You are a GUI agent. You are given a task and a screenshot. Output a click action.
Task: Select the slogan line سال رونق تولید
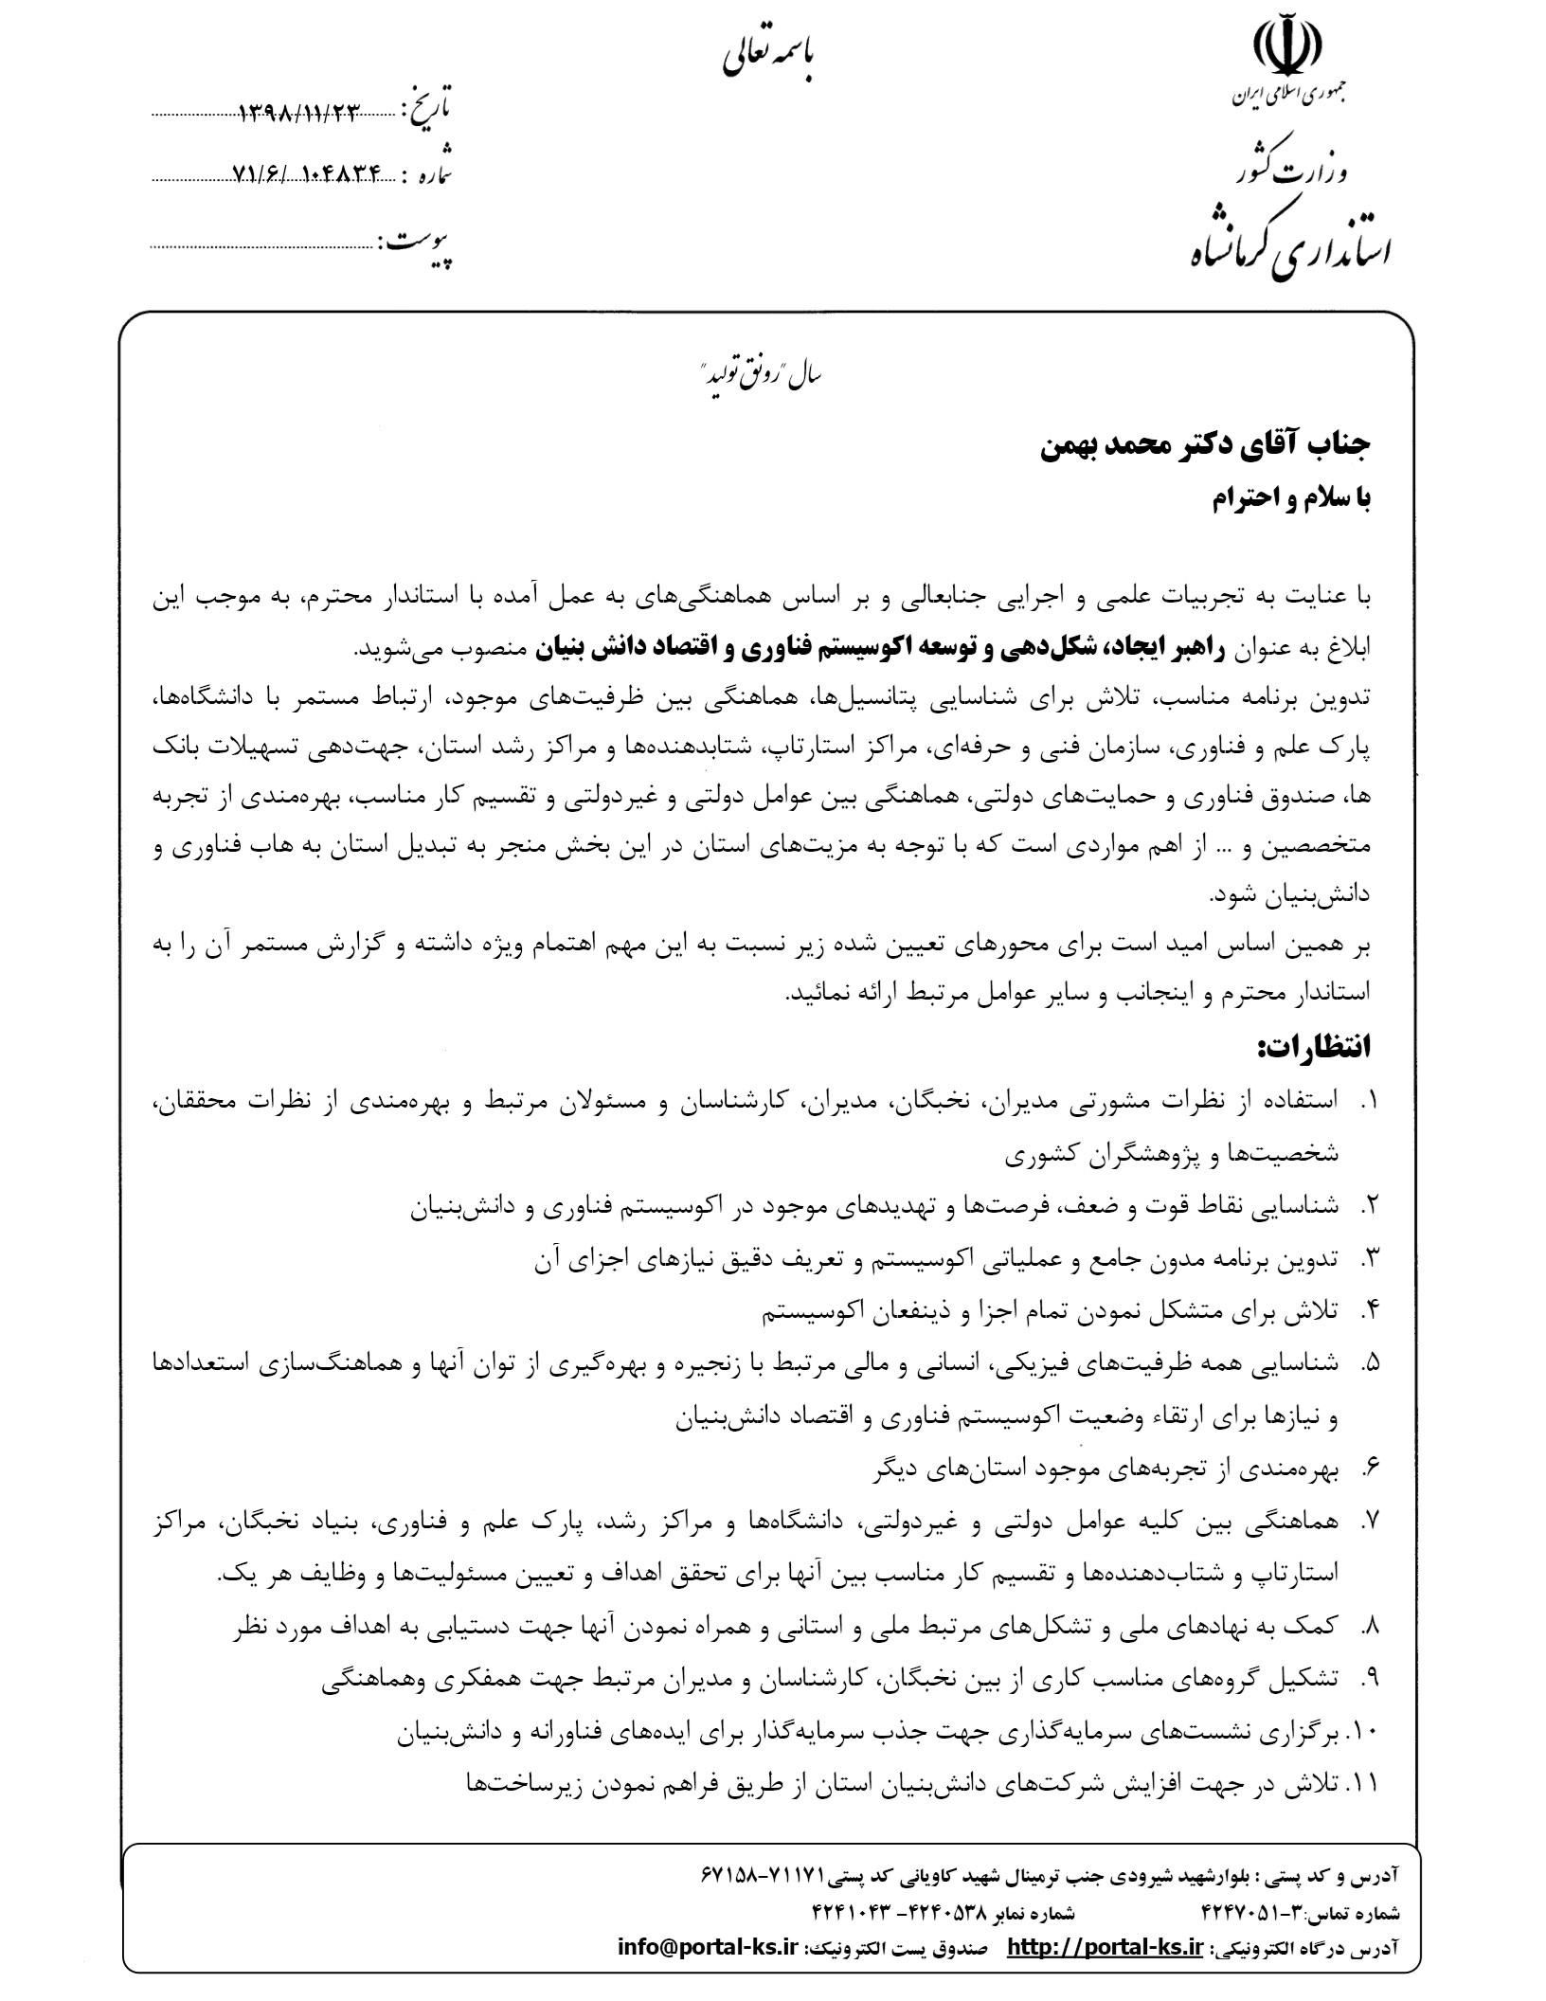click(x=764, y=375)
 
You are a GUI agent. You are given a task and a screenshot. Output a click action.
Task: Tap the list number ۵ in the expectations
click(x=1369, y=1363)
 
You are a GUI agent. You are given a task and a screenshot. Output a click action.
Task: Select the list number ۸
click(x=1369, y=1626)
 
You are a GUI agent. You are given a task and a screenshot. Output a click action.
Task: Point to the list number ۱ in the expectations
click(x=1369, y=1100)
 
